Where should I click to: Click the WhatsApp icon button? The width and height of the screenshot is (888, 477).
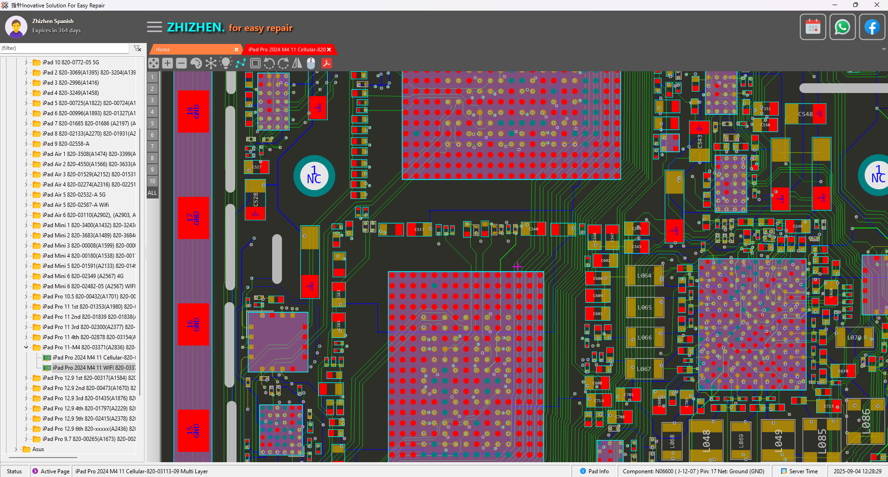[842, 27]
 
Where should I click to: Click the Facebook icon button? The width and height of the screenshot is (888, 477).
[872, 27]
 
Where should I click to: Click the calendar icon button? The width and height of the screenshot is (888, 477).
[813, 27]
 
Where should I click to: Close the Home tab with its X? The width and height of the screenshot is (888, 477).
[236, 50]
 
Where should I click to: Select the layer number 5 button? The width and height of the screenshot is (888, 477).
[152, 124]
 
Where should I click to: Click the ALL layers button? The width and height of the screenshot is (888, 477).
[152, 193]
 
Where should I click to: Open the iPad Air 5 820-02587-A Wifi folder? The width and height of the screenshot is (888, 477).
[75, 205]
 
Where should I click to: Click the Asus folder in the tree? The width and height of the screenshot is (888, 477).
[38, 449]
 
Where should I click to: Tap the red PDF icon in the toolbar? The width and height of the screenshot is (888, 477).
[327, 63]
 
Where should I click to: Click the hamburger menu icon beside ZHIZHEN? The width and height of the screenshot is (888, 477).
[155, 27]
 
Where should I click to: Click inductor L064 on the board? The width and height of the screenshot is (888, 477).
[644, 276]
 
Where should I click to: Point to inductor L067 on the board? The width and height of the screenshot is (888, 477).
[644, 369]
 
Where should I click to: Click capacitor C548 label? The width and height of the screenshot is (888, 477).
[805, 114]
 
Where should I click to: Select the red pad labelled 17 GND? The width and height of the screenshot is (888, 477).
[193, 218]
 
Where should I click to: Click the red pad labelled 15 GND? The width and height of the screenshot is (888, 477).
[193, 431]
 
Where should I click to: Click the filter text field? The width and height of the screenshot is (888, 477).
[65, 48]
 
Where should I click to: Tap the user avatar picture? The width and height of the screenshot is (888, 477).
[16, 27]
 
